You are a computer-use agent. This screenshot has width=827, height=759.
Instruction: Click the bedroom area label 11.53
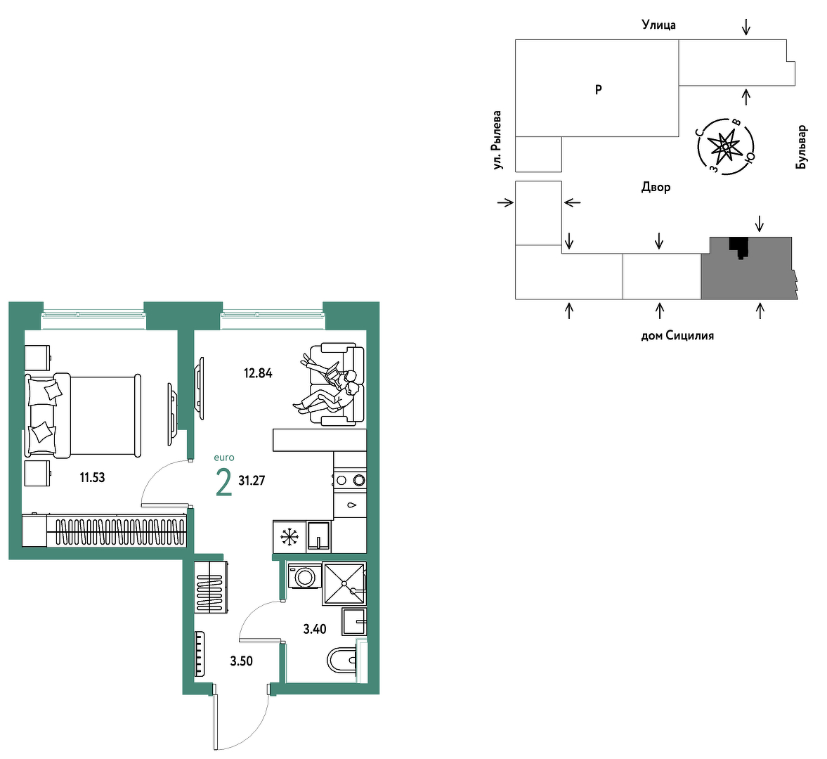[92, 478]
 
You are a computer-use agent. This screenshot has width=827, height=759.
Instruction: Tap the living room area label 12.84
[258, 373]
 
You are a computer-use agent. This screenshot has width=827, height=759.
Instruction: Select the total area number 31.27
[252, 481]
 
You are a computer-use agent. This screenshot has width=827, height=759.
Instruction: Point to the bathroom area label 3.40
[314, 629]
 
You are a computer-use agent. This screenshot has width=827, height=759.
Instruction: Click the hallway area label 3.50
[242, 661]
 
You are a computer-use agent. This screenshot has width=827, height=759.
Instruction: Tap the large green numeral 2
[224, 483]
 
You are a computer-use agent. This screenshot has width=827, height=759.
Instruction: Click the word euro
[224, 458]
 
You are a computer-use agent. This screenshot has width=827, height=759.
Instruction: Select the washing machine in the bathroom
[304, 576]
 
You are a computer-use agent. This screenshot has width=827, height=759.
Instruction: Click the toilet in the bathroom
[341, 660]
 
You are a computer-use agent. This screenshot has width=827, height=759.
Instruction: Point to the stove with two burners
[350, 480]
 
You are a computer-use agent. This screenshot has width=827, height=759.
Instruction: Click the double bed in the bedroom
[84, 415]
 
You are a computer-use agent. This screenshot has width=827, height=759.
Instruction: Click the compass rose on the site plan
[726, 147]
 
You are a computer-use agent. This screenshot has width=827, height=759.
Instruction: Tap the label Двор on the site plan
[656, 187]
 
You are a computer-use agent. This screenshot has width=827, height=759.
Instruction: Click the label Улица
[659, 25]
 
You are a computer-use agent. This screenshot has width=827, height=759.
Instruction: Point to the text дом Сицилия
[677, 335]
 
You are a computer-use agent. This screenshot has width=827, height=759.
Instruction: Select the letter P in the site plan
[599, 90]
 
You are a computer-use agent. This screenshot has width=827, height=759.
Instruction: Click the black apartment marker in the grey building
[739, 247]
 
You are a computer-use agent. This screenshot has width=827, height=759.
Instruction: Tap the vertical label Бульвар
[801, 147]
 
